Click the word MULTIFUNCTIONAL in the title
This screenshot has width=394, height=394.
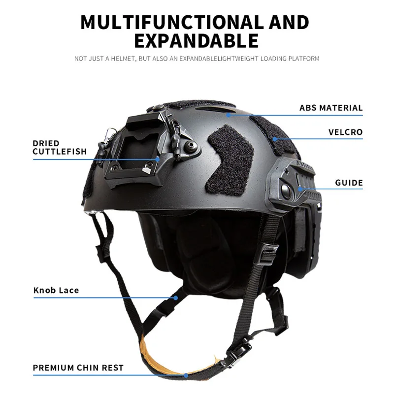click(172, 22)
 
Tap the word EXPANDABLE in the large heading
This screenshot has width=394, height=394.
click(197, 41)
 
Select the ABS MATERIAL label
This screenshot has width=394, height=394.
click(331, 108)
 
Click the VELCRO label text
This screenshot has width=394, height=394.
click(346, 132)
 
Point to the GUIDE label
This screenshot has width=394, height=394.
click(349, 183)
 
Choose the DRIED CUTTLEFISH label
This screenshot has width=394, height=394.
click(60, 147)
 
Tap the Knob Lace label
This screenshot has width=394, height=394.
click(56, 290)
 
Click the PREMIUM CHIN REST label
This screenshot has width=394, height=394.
click(78, 367)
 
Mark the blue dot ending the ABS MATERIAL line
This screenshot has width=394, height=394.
click(229, 115)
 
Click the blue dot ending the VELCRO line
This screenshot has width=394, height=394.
click(275, 139)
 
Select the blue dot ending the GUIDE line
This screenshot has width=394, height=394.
click(300, 189)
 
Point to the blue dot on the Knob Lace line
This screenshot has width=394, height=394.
click(176, 298)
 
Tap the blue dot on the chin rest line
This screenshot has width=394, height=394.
click(186, 375)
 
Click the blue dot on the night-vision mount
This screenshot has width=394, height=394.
click(158, 159)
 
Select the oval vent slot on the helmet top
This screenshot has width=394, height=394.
click(216, 109)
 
